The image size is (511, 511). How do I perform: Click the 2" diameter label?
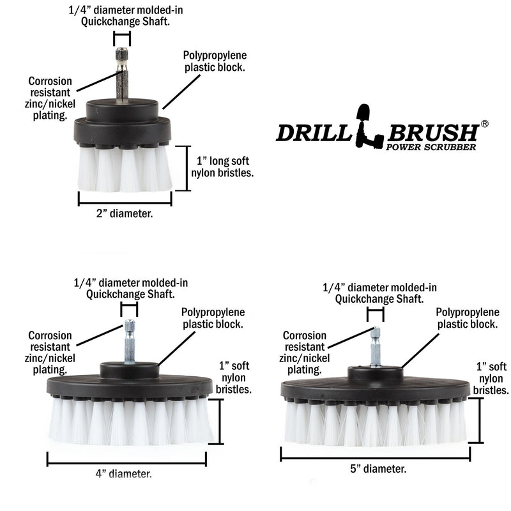click(x=125, y=215)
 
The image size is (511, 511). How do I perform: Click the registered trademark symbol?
click(x=484, y=124)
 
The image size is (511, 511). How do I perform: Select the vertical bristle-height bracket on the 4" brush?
click(x=219, y=422)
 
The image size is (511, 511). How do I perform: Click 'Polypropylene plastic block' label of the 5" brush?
click(x=467, y=318)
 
